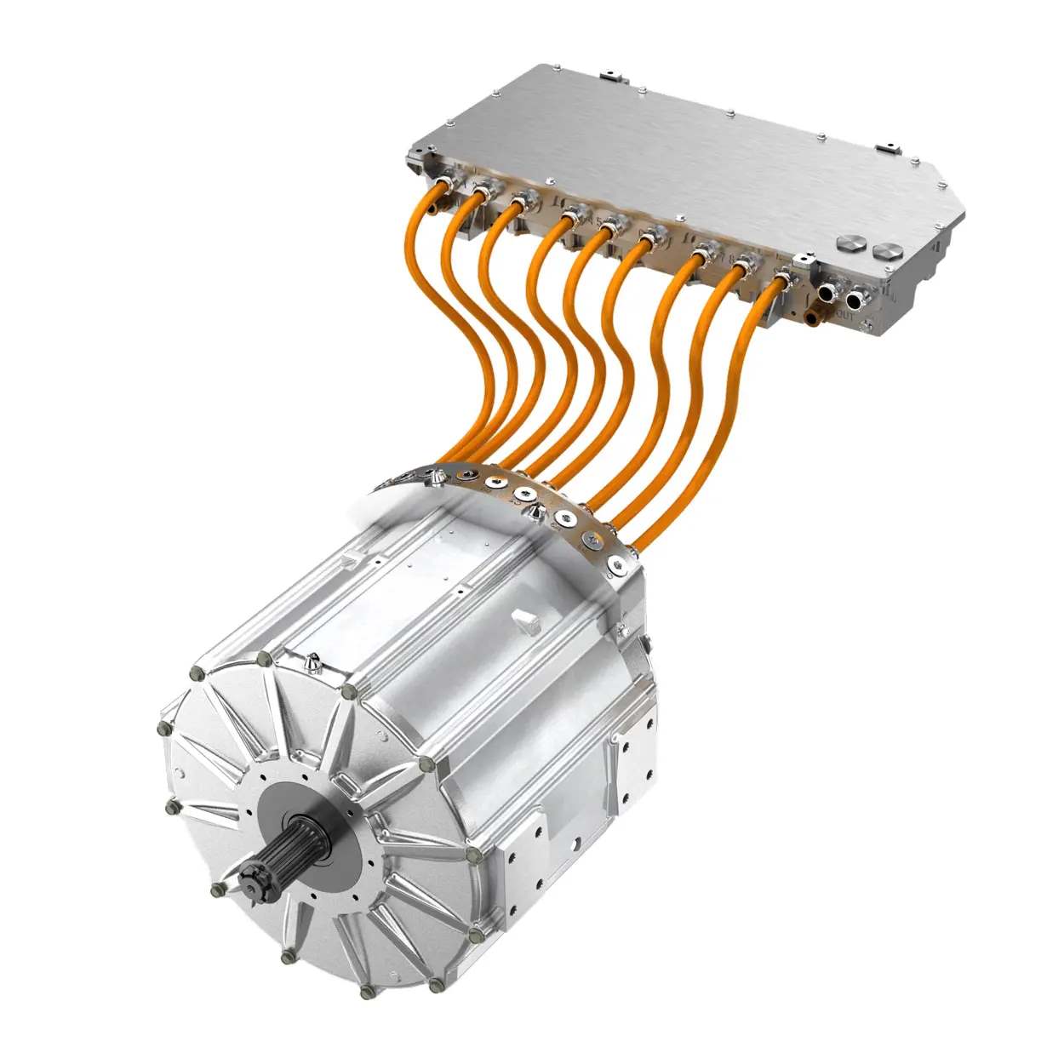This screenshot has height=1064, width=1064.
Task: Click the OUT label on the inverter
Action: point(844,316)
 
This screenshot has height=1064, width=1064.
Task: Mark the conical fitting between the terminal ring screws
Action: point(535,512)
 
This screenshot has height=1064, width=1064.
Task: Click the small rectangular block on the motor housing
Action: point(526,621)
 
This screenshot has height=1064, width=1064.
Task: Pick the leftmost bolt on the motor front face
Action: point(163,729)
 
